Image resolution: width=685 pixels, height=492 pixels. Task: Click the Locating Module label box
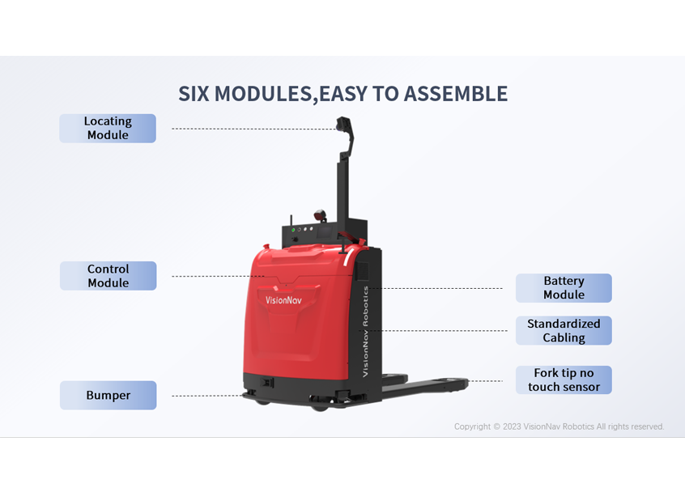pos(108,129)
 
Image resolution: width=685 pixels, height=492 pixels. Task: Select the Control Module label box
pos(108,276)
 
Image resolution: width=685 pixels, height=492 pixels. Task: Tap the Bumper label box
pos(108,395)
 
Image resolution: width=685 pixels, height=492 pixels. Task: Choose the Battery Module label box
pos(564,288)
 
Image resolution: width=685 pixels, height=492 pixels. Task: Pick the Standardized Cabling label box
pos(564,330)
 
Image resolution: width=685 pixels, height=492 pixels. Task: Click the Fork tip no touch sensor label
pos(564,380)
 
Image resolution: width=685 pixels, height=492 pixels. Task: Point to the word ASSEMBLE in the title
pos(456,94)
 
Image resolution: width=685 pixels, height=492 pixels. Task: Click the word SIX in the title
pos(194,94)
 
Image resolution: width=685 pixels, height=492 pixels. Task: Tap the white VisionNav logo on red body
pos(283,300)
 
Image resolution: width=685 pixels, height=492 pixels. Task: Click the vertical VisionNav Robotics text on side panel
pos(366,331)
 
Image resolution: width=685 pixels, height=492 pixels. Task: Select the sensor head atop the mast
pos(344,124)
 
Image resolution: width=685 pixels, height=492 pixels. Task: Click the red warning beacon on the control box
pos(320,215)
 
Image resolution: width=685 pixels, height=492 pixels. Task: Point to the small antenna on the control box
pos(291,220)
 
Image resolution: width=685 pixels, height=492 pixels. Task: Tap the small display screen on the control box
pos(325,231)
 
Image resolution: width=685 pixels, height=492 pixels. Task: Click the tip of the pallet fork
pos(466,383)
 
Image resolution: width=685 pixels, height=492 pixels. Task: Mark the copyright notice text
pos(559,426)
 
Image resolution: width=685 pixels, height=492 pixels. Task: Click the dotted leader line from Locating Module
pos(254,129)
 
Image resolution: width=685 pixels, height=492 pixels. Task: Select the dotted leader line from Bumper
pos(207,396)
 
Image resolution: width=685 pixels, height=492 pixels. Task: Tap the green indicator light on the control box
pos(293,230)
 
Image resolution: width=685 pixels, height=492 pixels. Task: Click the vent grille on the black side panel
pos(362,271)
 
